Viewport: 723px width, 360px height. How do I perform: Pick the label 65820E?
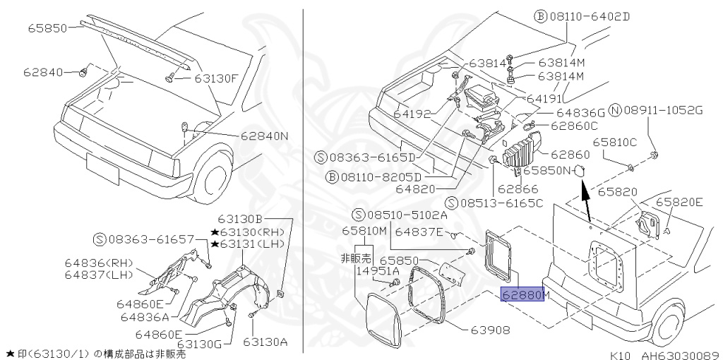click(680, 202)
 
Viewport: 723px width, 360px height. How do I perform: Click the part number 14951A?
click(378, 270)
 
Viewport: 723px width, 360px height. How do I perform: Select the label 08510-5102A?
click(406, 215)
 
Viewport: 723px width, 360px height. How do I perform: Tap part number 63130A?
click(265, 342)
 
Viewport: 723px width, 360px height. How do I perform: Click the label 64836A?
click(145, 316)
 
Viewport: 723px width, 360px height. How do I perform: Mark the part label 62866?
click(518, 188)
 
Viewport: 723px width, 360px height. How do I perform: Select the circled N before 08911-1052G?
click(615, 110)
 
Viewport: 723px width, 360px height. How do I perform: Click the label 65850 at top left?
click(47, 28)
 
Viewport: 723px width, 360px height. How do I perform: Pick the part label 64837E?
click(419, 231)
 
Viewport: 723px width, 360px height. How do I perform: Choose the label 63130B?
click(240, 219)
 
